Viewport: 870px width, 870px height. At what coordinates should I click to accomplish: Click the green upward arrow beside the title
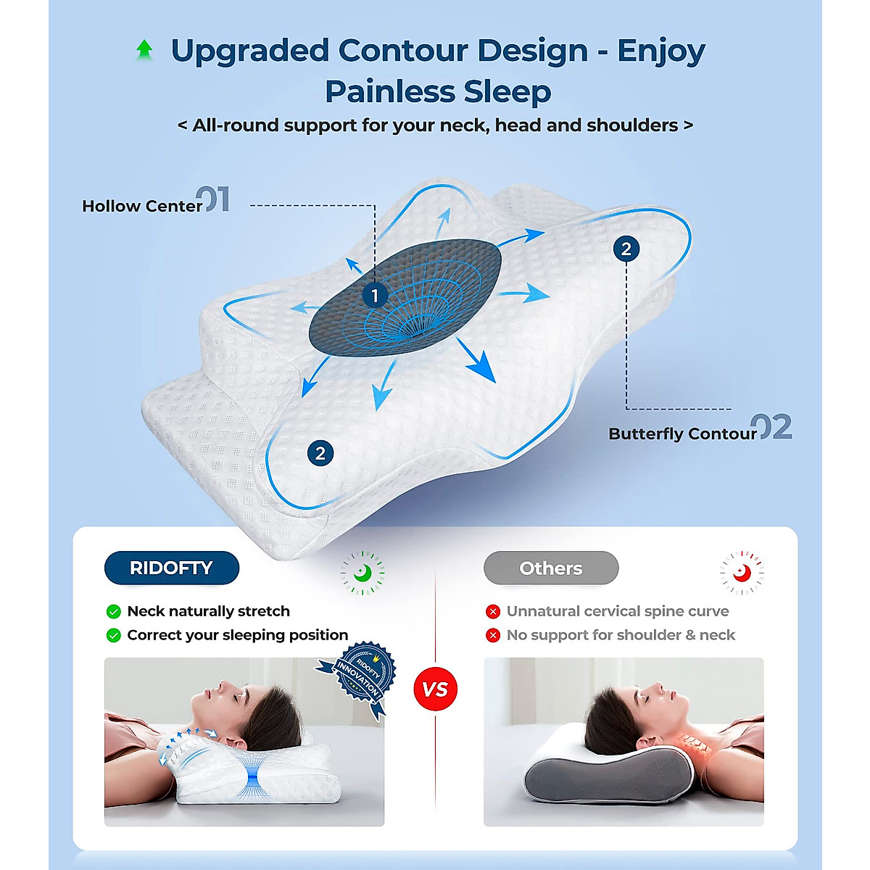[x=144, y=50]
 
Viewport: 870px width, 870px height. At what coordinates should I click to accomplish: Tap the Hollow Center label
[x=141, y=206]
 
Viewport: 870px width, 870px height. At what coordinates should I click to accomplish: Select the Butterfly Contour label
[x=681, y=434]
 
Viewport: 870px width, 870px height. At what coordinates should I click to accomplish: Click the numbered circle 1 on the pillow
[x=375, y=296]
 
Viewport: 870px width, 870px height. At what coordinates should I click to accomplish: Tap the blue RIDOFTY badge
[x=171, y=568]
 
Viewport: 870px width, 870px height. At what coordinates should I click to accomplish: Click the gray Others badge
[x=551, y=568]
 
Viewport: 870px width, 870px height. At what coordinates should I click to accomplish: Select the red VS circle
[x=435, y=689]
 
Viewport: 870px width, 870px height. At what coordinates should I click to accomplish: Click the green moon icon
[x=362, y=573]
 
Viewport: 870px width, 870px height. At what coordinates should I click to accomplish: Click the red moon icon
[x=741, y=573]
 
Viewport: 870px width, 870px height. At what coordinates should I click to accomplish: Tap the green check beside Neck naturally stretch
[x=113, y=611]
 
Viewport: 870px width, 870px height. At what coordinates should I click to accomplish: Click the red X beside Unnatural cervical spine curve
[x=493, y=611]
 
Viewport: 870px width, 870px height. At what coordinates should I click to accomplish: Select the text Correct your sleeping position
[x=237, y=635]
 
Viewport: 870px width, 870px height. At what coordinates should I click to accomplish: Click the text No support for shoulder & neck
[x=621, y=635]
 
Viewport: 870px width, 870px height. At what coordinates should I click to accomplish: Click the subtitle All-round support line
[x=435, y=125]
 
